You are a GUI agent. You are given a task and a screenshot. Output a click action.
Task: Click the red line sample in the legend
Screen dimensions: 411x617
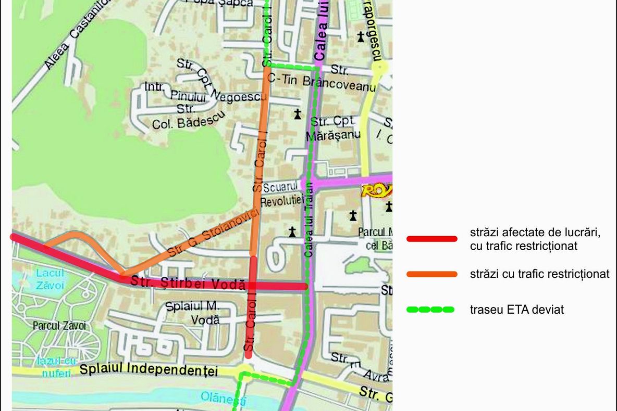tap(431, 239)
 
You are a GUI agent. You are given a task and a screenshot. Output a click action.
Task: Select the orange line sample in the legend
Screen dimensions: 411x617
tap(431, 274)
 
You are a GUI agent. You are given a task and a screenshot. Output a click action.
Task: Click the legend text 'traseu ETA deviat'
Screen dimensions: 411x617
tap(516, 310)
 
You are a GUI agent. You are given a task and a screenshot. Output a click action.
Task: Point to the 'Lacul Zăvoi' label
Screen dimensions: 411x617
tap(51, 278)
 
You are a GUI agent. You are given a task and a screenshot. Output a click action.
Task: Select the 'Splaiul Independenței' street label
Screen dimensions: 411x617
tap(148, 370)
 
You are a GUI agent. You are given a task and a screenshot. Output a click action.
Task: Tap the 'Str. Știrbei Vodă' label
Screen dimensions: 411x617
tap(188, 283)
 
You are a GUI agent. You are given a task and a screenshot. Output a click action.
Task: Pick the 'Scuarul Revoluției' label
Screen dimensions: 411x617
tap(282, 194)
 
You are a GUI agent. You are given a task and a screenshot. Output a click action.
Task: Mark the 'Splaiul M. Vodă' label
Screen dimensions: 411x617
tap(193, 313)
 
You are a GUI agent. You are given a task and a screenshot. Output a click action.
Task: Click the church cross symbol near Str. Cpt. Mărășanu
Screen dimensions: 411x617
tap(298, 114)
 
